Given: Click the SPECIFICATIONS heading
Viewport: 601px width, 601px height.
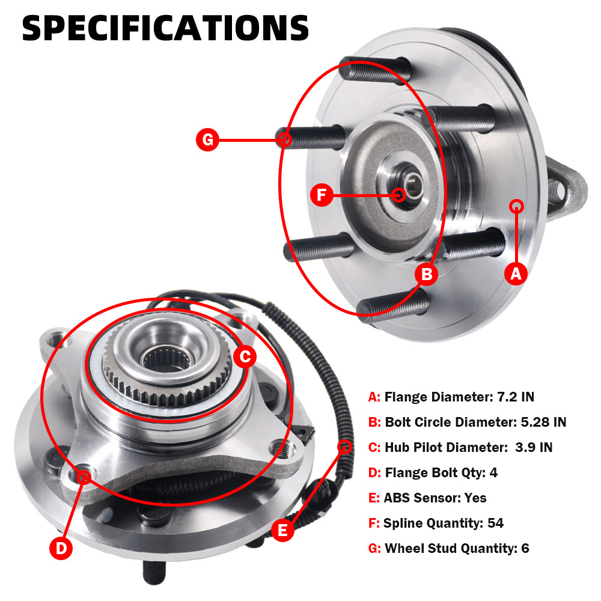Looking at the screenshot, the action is point(165,28).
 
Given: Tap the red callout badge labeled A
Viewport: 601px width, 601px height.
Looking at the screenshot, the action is point(516,273).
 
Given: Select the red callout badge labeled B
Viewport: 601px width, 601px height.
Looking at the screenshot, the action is point(427,274).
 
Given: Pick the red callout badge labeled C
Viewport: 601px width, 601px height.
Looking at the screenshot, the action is point(245,356).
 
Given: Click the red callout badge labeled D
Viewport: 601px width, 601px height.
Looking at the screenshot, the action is point(61,548).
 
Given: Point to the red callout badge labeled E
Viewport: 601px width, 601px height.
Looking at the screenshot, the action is point(282,531).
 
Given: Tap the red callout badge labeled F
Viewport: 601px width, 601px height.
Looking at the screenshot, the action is point(322,195).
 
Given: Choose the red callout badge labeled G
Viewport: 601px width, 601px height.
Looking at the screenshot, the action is point(207,139).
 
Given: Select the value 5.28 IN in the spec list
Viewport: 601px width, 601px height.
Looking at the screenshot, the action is point(543,422).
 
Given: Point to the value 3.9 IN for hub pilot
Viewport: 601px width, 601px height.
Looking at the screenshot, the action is point(534,447).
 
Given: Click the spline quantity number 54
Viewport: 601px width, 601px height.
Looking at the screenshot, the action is point(495,523).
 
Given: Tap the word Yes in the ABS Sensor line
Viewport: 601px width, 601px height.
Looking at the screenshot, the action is point(475,498).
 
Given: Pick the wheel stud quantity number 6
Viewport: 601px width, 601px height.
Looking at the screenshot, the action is point(525,548).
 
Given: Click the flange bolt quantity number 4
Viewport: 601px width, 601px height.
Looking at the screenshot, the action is point(493,472).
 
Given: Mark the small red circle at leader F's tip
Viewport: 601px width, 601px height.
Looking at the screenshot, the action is point(398,195).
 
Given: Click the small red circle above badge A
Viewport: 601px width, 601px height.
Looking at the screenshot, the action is point(516,206).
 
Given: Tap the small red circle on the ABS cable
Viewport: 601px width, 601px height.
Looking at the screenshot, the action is point(344,447).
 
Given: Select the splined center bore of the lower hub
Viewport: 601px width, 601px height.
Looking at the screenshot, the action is point(166,359).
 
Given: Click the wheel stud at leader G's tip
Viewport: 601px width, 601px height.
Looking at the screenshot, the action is point(311,138).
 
